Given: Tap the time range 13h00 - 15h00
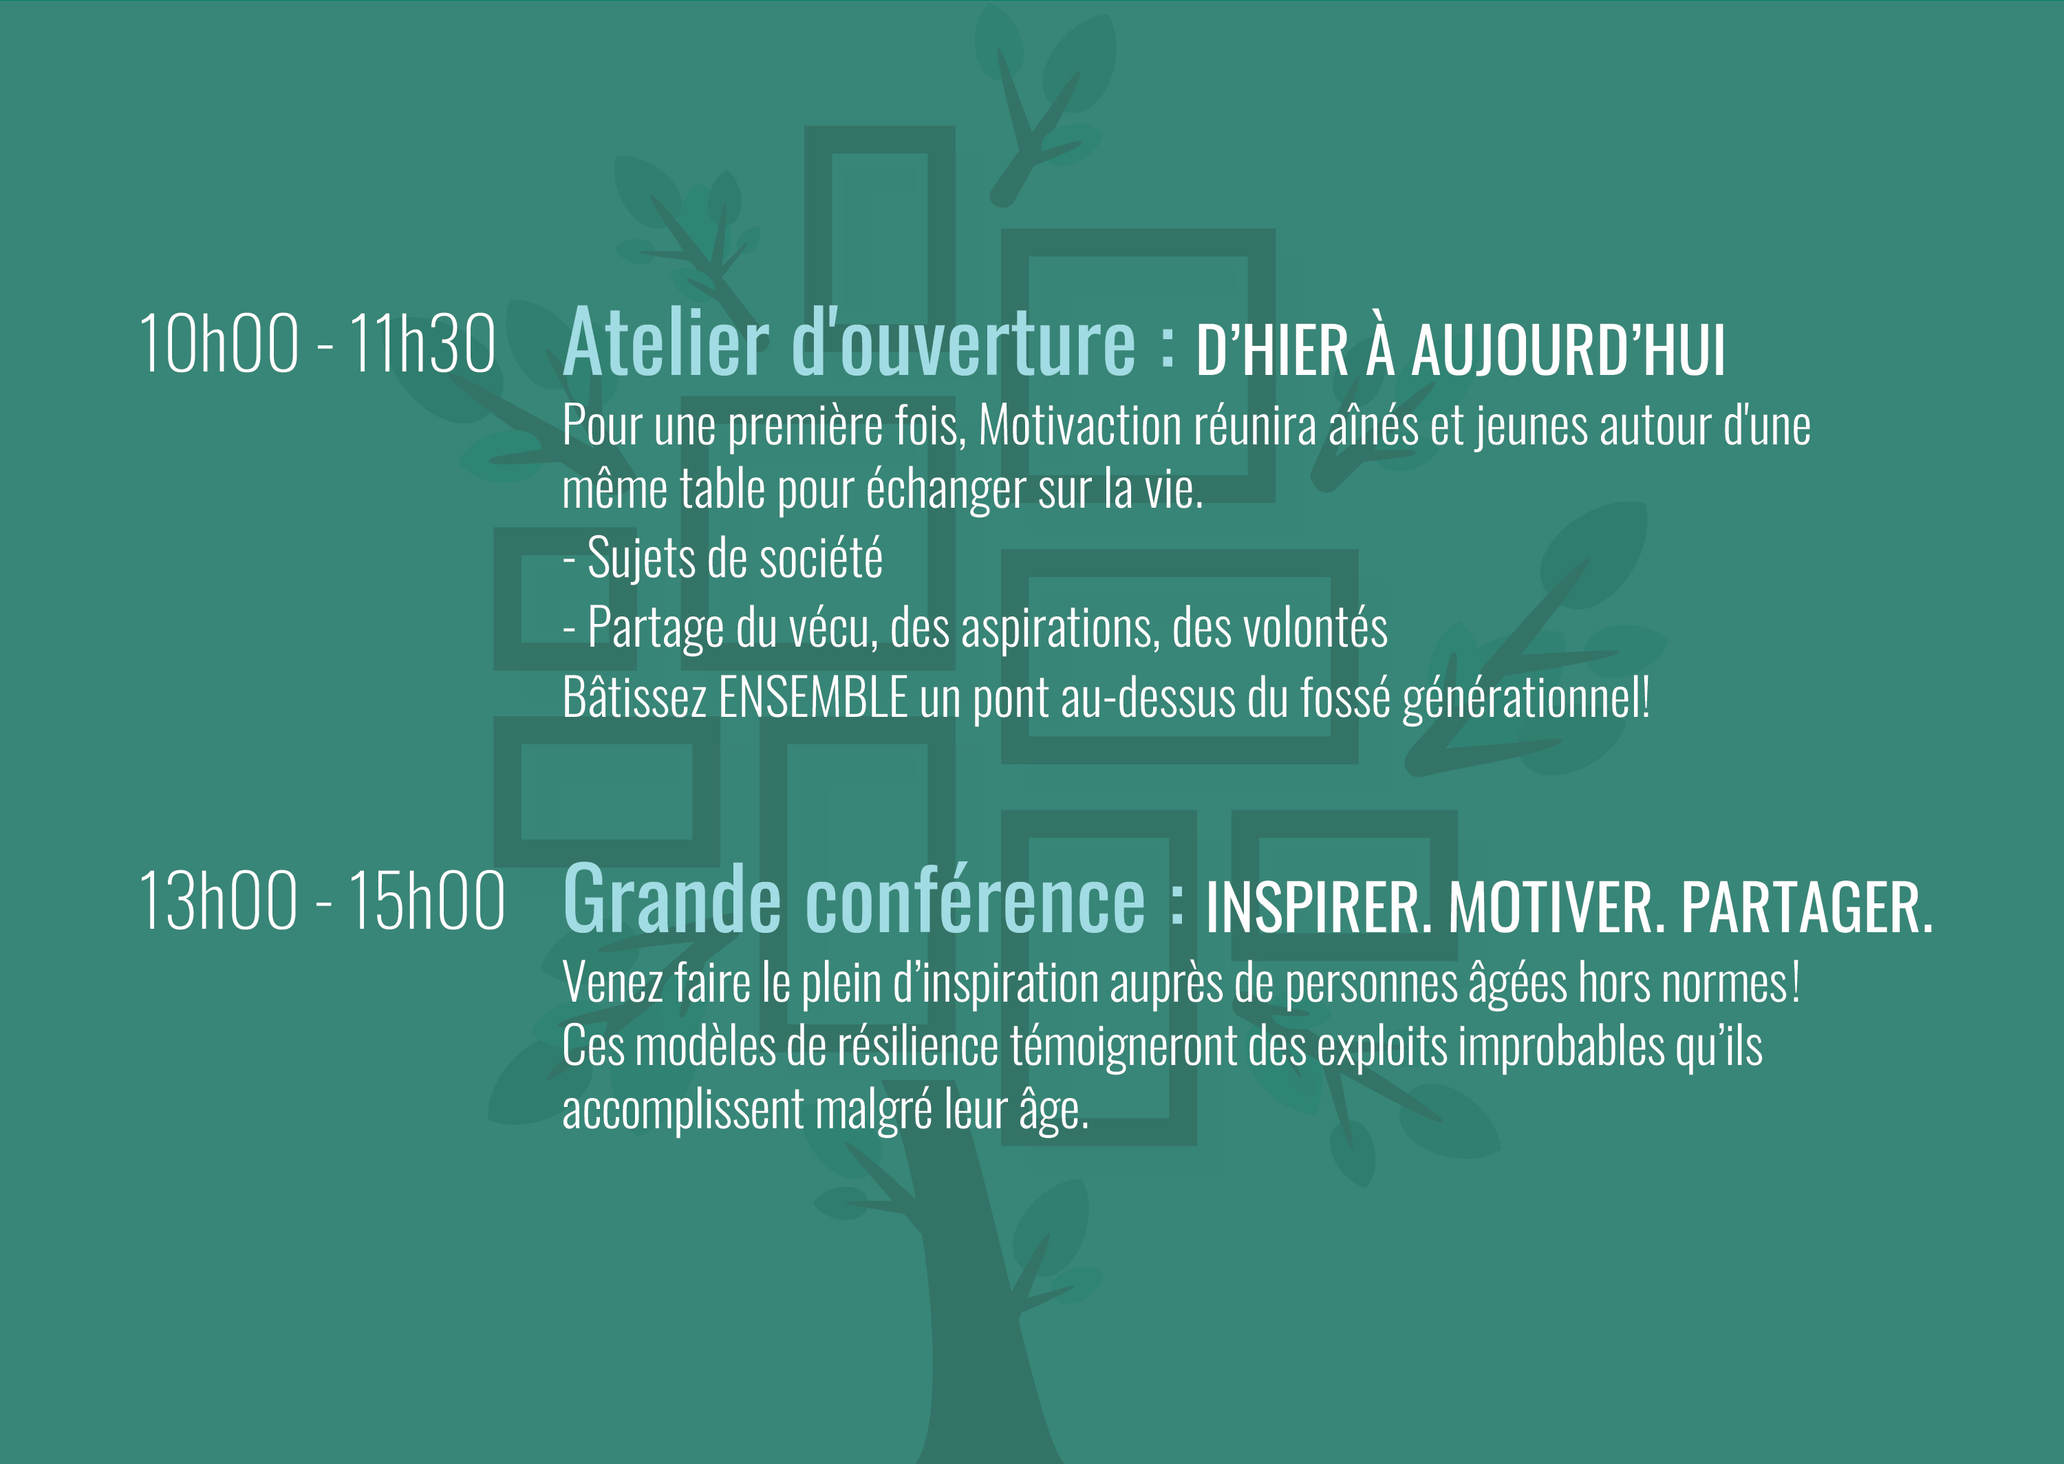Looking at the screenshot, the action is (322, 901).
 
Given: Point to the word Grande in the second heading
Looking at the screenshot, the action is (672, 900).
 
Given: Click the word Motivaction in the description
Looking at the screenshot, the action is (1079, 424).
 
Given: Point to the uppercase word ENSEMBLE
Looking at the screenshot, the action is (813, 697).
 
